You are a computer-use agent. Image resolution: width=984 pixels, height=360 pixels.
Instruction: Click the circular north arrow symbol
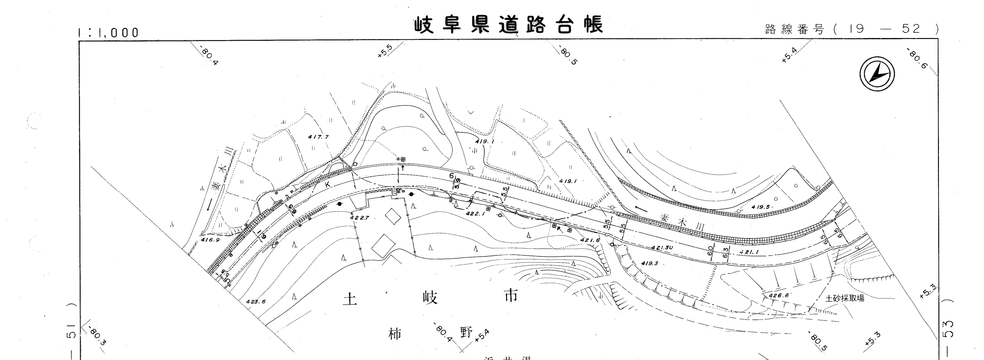click(877, 74)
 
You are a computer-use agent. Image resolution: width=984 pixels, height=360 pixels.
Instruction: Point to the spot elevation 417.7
click(318, 137)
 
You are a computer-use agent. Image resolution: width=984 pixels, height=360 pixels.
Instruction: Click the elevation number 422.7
click(359, 218)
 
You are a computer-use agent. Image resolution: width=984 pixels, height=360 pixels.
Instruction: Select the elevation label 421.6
click(590, 240)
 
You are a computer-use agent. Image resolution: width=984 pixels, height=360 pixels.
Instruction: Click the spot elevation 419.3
click(649, 263)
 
